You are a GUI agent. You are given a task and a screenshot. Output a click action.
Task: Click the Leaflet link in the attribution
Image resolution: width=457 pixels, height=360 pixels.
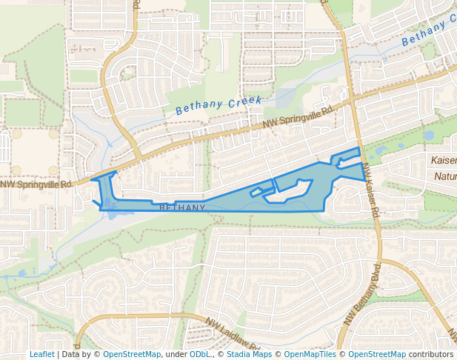pyautogui.click(x=41, y=354)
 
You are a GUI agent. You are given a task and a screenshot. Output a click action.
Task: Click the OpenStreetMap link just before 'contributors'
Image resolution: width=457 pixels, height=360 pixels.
pyautogui.click(x=377, y=354)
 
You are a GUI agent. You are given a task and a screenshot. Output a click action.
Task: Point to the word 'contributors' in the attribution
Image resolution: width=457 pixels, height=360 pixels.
pyautogui.click(x=431, y=354)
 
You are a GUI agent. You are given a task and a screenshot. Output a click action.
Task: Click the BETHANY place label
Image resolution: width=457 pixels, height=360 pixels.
pyautogui.click(x=182, y=208)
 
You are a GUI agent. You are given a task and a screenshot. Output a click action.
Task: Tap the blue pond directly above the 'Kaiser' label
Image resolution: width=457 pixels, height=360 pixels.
pyautogui.click(x=429, y=136)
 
